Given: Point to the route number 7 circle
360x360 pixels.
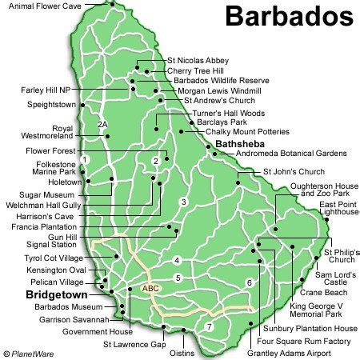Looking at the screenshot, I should [x=210, y=326].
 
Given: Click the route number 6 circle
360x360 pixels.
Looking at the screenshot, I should [x=249, y=282].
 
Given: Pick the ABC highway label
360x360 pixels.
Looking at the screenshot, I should [x=150, y=288].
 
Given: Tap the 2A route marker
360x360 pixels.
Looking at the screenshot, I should [x=102, y=125].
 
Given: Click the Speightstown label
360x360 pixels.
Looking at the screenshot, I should [x=52, y=104].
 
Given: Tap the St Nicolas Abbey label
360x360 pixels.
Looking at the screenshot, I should [x=198, y=59].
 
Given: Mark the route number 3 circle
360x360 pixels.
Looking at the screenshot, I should [x=183, y=202].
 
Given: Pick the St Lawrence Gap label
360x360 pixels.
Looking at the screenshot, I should [x=134, y=345].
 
